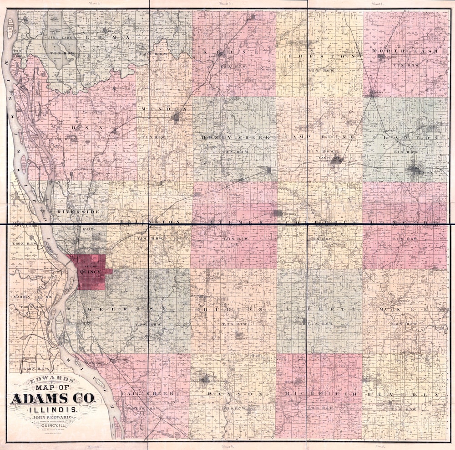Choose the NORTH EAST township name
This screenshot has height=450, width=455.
click(405, 51)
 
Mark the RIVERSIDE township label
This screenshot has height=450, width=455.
click(78, 212)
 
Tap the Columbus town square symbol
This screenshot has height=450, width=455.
click(278, 213)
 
